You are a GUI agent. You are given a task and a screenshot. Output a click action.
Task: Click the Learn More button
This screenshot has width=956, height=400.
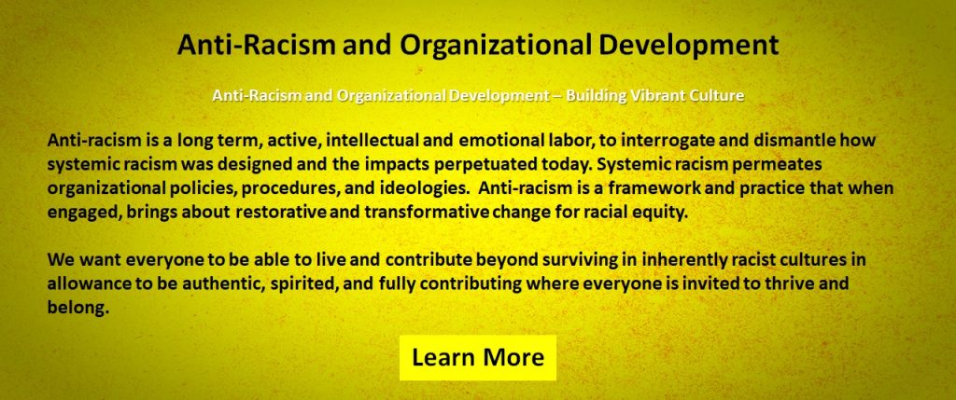coord(478,357)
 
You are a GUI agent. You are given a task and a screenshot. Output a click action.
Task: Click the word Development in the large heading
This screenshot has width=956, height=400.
coord(688,46)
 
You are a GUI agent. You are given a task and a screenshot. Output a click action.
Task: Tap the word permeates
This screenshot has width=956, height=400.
coord(771,165)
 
